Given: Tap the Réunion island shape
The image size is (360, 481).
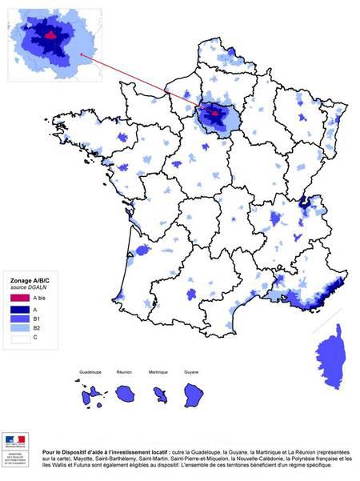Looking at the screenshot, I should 126,394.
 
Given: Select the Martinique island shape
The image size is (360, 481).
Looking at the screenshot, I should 161,395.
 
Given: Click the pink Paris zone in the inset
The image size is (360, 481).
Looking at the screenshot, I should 50,35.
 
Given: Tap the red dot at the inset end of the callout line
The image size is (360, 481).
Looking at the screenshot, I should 83,56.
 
